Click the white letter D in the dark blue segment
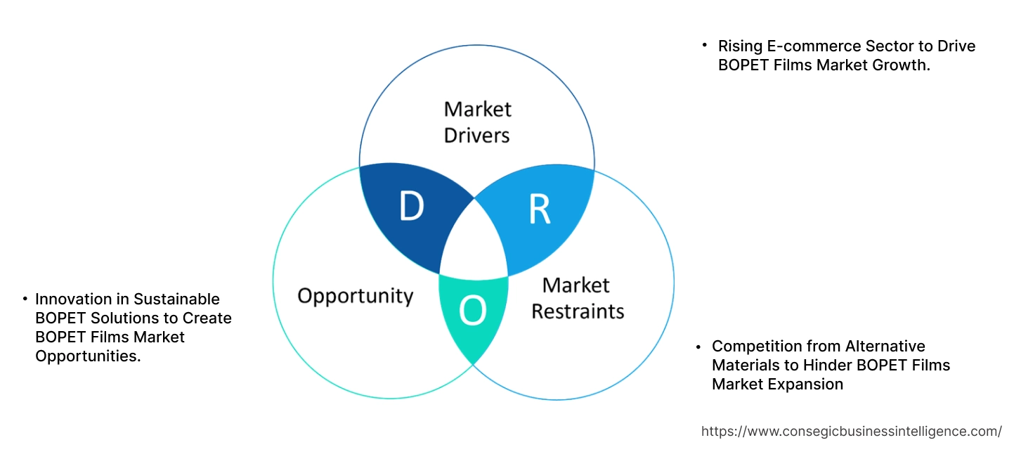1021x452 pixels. [x=412, y=206]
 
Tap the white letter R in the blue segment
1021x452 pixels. [x=540, y=209]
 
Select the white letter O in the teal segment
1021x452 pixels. [x=472, y=311]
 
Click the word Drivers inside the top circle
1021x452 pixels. [x=477, y=135]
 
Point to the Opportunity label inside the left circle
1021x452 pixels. [x=355, y=295]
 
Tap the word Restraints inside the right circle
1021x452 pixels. [x=578, y=311]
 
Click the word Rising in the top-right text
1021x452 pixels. [x=739, y=46]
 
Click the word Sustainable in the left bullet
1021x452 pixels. [x=176, y=299]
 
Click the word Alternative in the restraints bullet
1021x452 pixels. [x=885, y=347]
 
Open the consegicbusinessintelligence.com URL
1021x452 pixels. [x=852, y=432]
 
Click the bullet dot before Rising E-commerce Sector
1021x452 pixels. [x=704, y=46]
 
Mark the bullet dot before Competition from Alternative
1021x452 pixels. [x=698, y=347]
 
